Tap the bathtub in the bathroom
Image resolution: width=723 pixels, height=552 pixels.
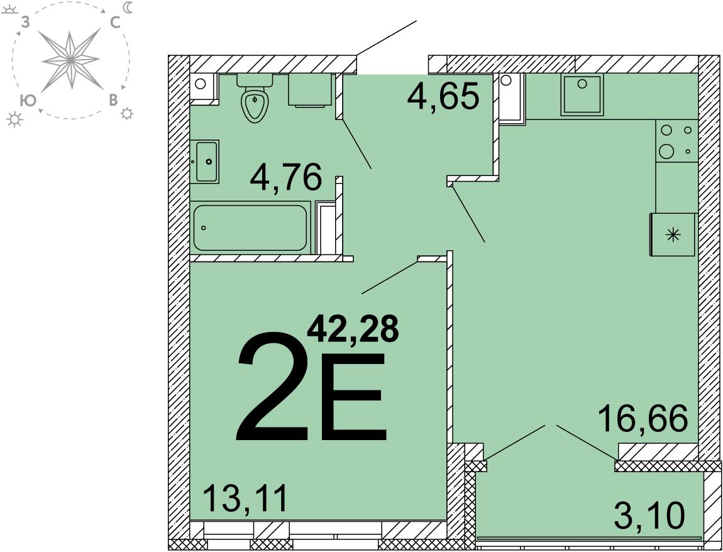click(250, 228)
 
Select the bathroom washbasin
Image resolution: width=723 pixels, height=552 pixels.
click(205, 162)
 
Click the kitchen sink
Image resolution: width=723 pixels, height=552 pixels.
click(582, 94)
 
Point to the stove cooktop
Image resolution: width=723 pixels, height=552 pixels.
click(676, 141)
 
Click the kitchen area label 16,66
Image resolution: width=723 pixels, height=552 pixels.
click(643, 418)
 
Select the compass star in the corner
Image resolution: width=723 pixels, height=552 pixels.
click(70, 60)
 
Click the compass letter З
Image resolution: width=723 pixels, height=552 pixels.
click(25, 23)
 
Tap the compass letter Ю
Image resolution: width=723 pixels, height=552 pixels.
click(28, 101)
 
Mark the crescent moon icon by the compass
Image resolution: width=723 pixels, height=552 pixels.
click(128, 7)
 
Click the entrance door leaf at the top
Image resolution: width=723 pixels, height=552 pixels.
click(386, 38)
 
